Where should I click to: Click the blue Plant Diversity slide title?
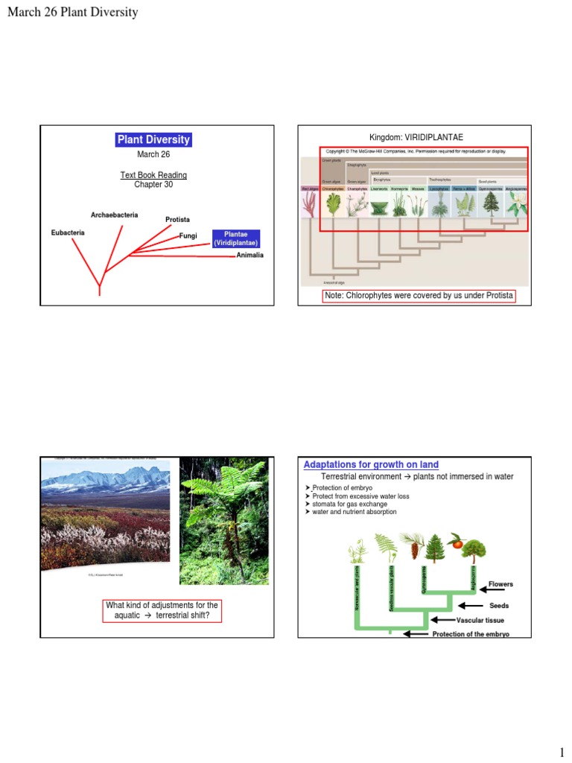tap(154, 139)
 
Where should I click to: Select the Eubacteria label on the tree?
tap(68, 232)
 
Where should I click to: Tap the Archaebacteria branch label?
tap(114, 215)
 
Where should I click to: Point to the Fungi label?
tap(187, 236)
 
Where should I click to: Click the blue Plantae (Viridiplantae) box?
tap(236, 238)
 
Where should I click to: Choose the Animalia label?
tap(250, 256)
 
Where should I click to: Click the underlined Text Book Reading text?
tap(153, 175)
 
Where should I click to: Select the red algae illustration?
tap(310, 206)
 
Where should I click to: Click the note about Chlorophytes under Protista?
tap(419, 296)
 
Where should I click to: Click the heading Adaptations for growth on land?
tap(371, 465)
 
